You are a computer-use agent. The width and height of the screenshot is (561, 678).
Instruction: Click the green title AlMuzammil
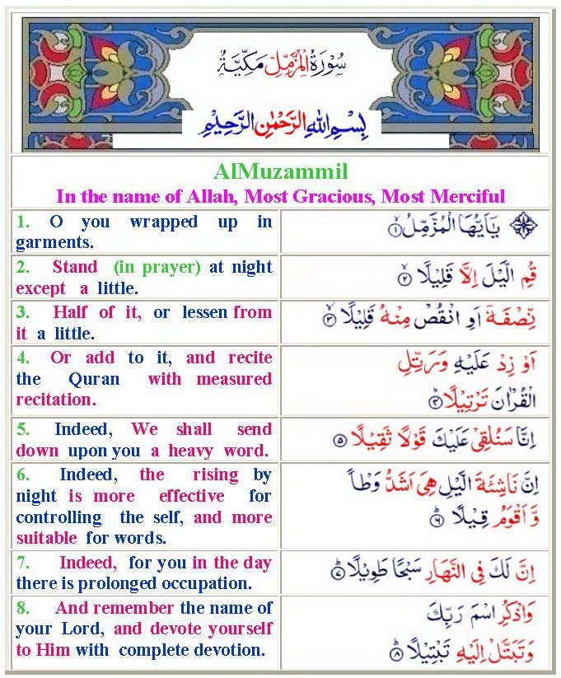[280, 172]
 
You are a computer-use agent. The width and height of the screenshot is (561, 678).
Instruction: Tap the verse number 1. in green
[23, 222]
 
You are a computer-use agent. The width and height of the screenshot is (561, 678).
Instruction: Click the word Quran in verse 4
[95, 379]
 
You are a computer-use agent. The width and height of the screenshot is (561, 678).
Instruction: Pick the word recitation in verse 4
[55, 400]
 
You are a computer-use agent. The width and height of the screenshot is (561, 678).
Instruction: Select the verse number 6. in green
[23, 475]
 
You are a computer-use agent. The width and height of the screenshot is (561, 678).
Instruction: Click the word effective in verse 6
[191, 496]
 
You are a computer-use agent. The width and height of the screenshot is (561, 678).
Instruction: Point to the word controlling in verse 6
[58, 517]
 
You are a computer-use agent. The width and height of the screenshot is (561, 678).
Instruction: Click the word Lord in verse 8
[89, 629]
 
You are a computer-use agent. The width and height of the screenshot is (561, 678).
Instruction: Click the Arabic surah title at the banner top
[281, 60]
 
